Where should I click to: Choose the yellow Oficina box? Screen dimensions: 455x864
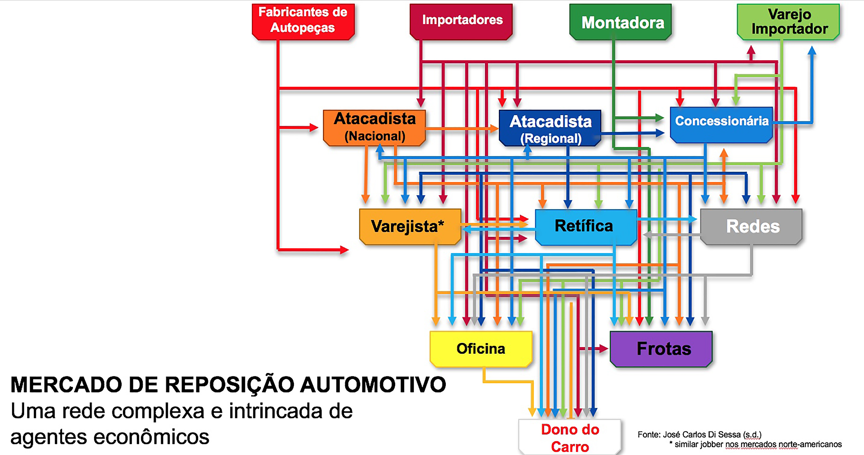(481, 349)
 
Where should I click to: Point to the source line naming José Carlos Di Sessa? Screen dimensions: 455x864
(699, 434)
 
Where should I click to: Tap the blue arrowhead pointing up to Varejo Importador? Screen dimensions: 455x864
(812, 51)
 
